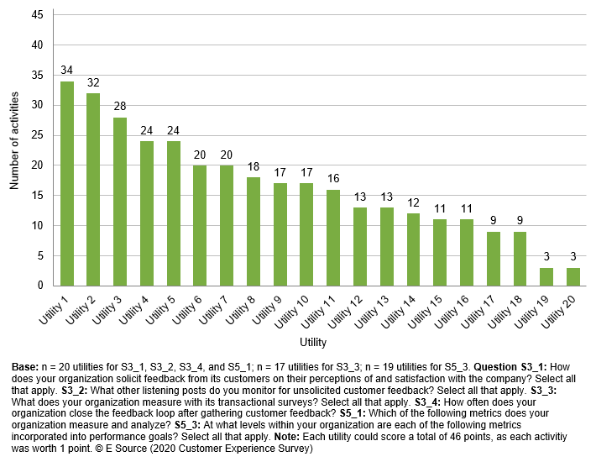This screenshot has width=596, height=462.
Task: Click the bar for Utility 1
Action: tap(66, 183)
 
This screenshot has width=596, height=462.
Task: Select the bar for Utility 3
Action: tap(120, 202)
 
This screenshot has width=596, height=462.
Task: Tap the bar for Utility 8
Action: tap(254, 231)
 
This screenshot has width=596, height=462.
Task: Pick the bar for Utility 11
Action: tap(333, 238)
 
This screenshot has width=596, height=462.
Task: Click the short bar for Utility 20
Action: tap(573, 276)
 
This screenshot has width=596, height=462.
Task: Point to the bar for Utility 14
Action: tap(413, 249)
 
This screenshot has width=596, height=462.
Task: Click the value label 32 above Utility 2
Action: tap(93, 83)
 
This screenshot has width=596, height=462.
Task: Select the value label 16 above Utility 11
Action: tap(333, 180)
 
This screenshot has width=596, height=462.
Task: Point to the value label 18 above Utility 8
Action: tap(254, 168)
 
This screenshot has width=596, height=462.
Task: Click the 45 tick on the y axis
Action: tap(37, 15)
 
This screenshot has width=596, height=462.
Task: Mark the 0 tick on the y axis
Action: tap(39, 286)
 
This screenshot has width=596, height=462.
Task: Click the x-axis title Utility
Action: tap(313, 343)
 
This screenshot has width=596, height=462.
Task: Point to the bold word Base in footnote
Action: tap(25, 368)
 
